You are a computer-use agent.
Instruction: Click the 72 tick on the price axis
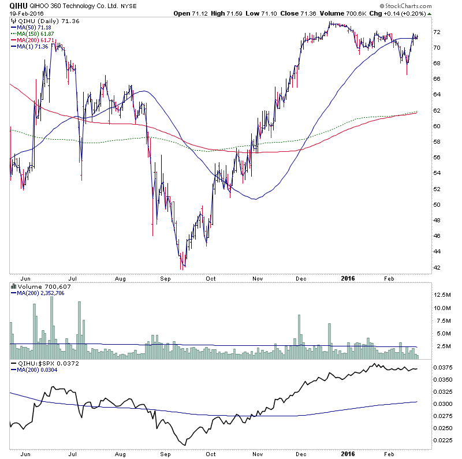(437, 32)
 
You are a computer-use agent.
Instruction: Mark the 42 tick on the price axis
(437, 267)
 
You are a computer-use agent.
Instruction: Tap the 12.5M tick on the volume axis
(443, 294)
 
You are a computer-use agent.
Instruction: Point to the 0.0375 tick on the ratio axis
(444, 367)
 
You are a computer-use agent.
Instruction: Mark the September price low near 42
(181, 268)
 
